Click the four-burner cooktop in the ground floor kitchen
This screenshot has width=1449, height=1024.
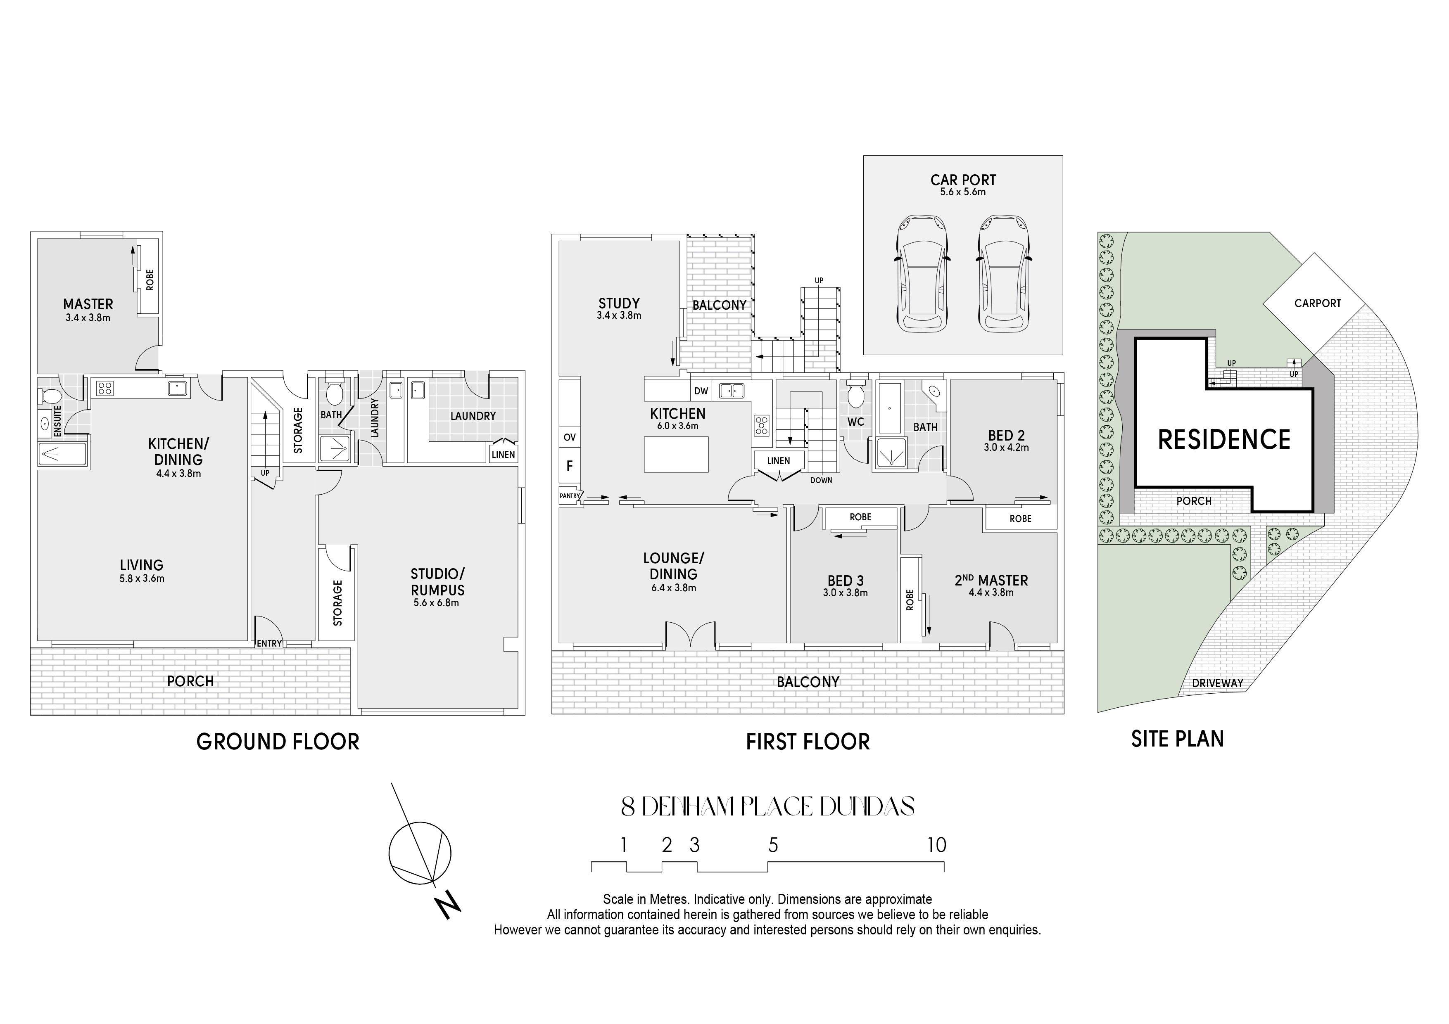[105, 388]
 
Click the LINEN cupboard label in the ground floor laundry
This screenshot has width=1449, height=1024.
[503, 454]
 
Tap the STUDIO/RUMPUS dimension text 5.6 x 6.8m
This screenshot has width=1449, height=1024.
[436, 602]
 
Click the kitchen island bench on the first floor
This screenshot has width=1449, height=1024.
[676, 454]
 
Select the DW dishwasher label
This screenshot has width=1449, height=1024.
[701, 391]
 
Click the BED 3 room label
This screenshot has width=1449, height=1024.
[846, 581]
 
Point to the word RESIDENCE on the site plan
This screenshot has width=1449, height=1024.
[1224, 439]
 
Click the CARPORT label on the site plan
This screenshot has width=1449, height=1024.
[1318, 303]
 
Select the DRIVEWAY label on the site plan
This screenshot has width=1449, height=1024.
[1217, 683]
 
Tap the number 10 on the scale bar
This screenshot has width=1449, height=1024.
[936, 845]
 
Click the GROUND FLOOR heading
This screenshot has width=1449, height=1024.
[278, 741]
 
